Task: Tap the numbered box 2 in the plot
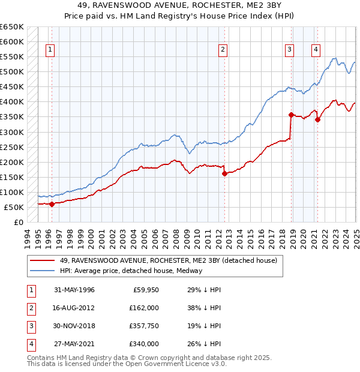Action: pos(223,50)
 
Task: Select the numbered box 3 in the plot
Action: pos(290,50)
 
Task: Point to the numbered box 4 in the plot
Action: pos(315,50)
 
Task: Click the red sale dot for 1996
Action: pos(52,204)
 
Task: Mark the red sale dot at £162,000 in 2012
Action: pos(224,173)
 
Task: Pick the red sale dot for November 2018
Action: pos(291,115)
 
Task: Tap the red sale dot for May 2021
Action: pos(317,119)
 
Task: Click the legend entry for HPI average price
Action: pos(131,271)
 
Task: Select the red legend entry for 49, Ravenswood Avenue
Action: pos(168,261)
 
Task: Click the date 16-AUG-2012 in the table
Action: pos(74,308)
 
